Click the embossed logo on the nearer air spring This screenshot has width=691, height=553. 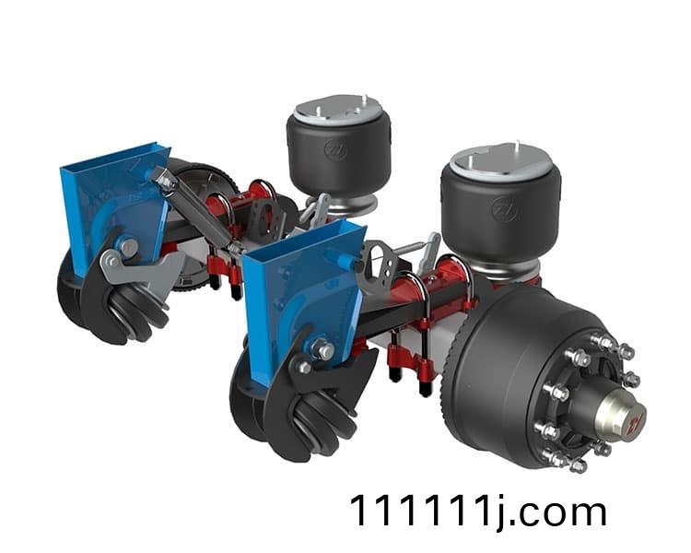tap(505, 209)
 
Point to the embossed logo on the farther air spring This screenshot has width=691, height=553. tap(335, 149)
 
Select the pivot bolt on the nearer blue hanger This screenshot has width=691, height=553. tap(325, 350)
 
